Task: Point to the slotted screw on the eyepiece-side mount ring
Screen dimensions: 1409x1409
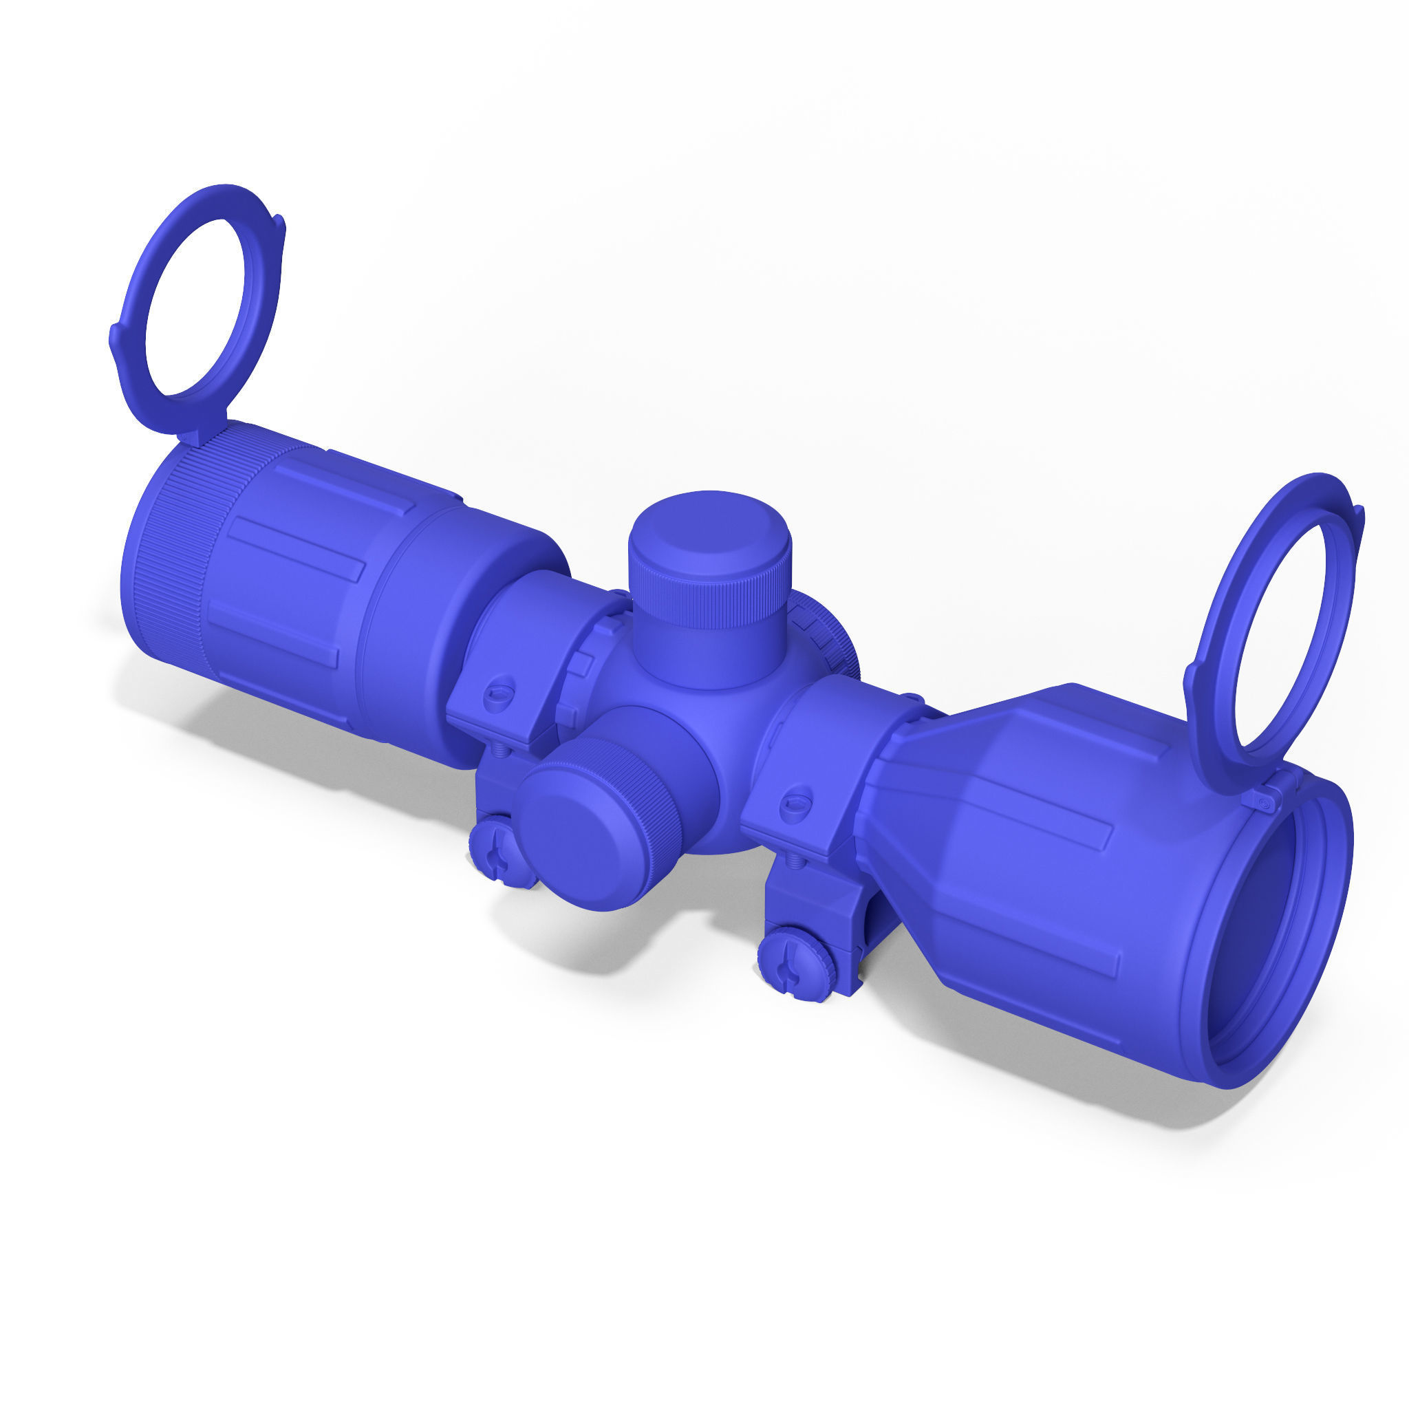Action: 500,688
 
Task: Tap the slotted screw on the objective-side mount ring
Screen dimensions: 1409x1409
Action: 796,804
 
